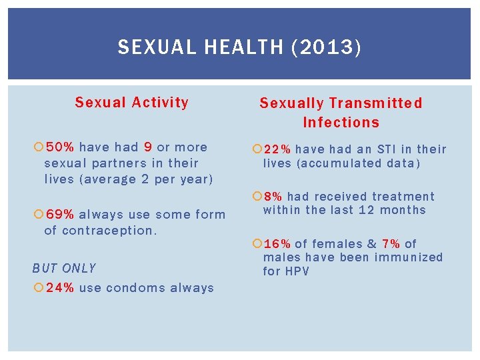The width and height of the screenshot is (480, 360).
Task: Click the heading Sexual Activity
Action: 131,103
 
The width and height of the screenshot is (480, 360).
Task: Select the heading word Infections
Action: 341,123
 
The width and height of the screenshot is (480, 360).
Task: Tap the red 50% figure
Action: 60,147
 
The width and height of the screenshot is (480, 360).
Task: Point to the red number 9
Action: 147,147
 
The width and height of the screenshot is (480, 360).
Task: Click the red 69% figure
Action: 60,215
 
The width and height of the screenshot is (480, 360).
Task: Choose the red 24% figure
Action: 60,288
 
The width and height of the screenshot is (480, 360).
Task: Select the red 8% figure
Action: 273,197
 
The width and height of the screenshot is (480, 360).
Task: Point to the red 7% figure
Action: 391,244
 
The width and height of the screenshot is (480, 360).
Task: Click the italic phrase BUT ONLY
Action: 64,269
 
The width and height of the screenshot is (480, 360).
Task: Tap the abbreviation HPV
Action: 297,271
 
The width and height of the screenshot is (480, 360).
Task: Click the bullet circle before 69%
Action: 38,215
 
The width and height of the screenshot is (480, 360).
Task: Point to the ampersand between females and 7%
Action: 371,244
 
